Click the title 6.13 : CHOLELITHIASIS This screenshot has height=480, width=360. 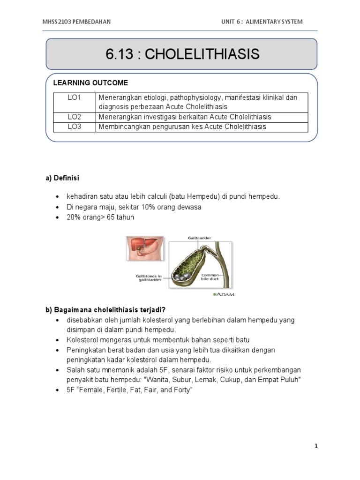pyautogui.click(x=182, y=54)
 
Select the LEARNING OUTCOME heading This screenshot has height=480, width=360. pyautogui.click(x=90, y=83)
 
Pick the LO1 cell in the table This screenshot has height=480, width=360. pyautogui.click(x=74, y=97)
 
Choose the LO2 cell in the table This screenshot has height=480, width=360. pyautogui.click(x=74, y=117)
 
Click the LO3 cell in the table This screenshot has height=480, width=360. pyautogui.click(x=74, y=127)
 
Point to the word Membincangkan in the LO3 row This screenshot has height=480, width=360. pyautogui.click(x=120, y=127)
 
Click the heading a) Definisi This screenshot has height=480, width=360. pyautogui.click(x=62, y=178)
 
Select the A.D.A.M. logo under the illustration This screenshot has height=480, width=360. pyautogui.click(x=223, y=294)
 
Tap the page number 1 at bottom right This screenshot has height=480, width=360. pyautogui.click(x=316, y=446)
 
